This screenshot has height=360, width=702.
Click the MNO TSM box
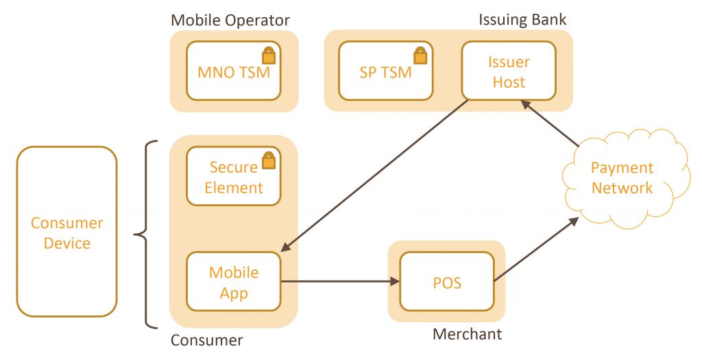pyautogui.click(x=233, y=71)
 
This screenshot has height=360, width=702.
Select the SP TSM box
pyautogui.click(x=386, y=71)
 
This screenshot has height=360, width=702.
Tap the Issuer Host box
pyautogui.click(x=508, y=72)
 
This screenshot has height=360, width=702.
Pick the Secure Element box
pyautogui.click(x=233, y=177)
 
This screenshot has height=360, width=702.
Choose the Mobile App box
pyautogui.click(x=233, y=283)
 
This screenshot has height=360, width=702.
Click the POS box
pyautogui.click(x=447, y=282)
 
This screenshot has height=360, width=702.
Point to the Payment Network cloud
pyautogui.click(x=622, y=178)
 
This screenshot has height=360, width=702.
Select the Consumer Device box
pyautogui.click(x=66, y=232)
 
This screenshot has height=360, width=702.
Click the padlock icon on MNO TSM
pyautogui.click(x=269, y=55)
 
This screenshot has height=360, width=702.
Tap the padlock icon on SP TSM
pyautogui.click(x=420, y=55)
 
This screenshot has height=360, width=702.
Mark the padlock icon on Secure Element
pyautogui.click(x=269, y=160)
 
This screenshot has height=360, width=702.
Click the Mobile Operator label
pyautogui.click(x=230, y=20)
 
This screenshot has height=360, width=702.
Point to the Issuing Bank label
pyautogui.click(x=522, y=19)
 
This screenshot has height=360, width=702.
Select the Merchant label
pyautogui.click(x=467, y=334)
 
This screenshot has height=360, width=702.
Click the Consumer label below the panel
pyautogui.click(x=206, y=340)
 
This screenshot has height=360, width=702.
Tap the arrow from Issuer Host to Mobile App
pyautogui.click(x=377, y=175)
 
